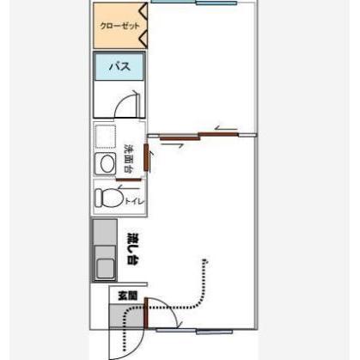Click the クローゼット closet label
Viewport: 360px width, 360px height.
tap(119, 26)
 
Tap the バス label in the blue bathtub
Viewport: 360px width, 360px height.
tap(119, 66)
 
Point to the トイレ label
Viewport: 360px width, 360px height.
tap(134, 201)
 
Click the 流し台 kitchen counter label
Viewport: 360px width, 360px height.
tap(133, 248)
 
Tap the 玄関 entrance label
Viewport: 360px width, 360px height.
tap(128, 296)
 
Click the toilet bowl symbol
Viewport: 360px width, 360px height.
tap(109, 198)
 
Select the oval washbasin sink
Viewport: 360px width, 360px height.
tap(107, 164)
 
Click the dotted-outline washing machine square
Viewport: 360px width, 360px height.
tap(105, 137)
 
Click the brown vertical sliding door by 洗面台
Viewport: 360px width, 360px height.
tap(146, 157)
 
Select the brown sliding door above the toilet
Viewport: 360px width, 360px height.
tap(129, 180)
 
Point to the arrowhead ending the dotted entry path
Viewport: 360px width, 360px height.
tap(204, 261)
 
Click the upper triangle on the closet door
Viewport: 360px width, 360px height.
tap(143, 10)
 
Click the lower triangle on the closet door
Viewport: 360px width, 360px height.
tap(143, 37)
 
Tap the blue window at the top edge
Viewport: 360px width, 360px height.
tap(194, 2)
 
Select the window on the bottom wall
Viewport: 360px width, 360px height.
tap(194, 331)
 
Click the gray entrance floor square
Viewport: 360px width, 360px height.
tap(126, 316)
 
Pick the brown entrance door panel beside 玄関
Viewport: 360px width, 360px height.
tap(146, 313)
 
